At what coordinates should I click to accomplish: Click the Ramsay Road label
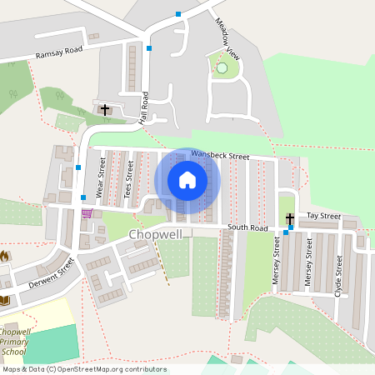60,52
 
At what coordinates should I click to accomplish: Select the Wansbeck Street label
220,155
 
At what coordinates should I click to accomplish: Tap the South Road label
247,227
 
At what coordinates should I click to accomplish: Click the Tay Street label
323,216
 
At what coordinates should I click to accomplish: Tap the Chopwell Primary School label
16,341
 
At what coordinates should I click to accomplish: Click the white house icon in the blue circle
187,180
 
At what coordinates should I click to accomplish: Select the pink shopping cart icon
87,213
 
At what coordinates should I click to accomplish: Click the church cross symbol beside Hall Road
104,109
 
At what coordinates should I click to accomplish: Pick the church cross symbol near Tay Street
290,218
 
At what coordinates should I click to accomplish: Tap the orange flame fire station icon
4,254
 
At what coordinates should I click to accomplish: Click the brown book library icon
4,299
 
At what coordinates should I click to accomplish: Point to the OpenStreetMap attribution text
83,369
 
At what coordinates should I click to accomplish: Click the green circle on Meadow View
222,67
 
